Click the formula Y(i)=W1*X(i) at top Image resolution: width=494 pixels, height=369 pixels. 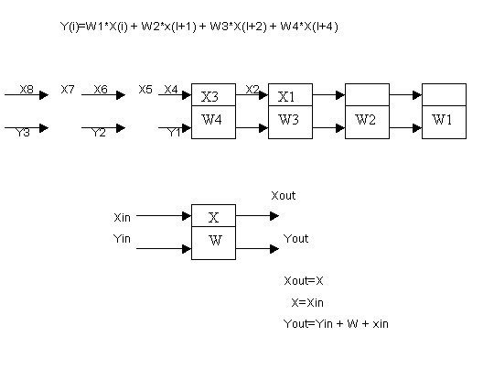coord(199,27)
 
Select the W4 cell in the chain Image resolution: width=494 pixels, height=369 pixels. coord(212,122)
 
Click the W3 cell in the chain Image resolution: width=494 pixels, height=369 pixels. coord(289,122)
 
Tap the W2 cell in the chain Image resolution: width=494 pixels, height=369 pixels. coord(366,122)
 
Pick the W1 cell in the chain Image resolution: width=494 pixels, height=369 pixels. coord(443,122)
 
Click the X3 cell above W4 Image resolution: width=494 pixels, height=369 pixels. coord(212,95)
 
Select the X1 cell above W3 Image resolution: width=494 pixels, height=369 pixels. coord(287,95)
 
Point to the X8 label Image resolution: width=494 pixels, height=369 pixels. coord(26,89)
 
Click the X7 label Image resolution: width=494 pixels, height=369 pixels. coord(68,89)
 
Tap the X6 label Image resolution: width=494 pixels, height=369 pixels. coord(101,89)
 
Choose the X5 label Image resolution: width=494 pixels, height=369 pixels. coord(145,89)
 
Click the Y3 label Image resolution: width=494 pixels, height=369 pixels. coord(24,133)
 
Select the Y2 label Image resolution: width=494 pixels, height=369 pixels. coord(99,133)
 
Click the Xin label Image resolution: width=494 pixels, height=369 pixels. coord(123,218)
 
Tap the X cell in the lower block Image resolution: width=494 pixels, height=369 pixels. coord(213,218)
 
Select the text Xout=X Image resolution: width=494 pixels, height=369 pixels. coord(305,280)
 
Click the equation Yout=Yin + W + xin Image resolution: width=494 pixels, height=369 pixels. coord(337,323)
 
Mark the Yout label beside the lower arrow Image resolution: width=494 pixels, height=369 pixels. coord(296,238)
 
